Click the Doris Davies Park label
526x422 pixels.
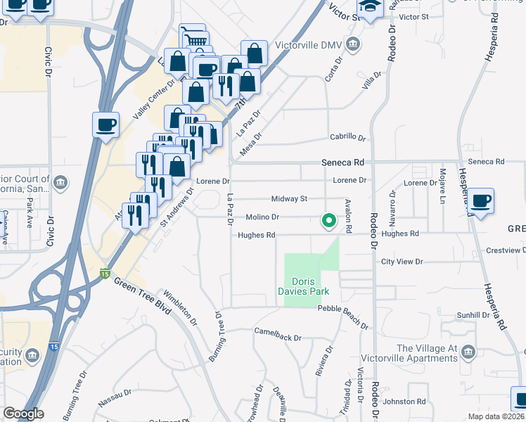tap(311, 286)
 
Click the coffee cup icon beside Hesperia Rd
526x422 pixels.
tap(482, 201)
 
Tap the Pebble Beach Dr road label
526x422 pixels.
tap(342, 317)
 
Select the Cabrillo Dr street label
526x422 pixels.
tap(347, 138)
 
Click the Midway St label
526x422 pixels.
tap(290, 199)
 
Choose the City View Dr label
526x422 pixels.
tap(402, 262)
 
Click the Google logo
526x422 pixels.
tap(23, 414)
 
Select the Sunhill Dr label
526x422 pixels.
tap(473, 314)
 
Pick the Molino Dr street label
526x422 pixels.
tap(262, 217)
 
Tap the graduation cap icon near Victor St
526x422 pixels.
tap(368, 8)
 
